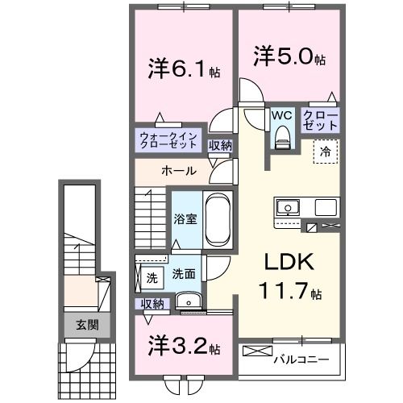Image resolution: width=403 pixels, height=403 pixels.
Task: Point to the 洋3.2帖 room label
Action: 184,347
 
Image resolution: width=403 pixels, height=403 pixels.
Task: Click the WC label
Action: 281,114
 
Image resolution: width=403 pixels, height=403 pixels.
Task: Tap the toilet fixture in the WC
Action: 281,139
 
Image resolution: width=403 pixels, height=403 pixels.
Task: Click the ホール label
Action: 176,171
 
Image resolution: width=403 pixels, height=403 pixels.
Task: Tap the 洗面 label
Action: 183,274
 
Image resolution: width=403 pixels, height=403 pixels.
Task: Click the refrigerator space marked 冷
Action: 326,151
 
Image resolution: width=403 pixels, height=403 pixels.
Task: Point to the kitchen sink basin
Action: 287,208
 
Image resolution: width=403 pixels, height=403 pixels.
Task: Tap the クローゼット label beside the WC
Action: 320,121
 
